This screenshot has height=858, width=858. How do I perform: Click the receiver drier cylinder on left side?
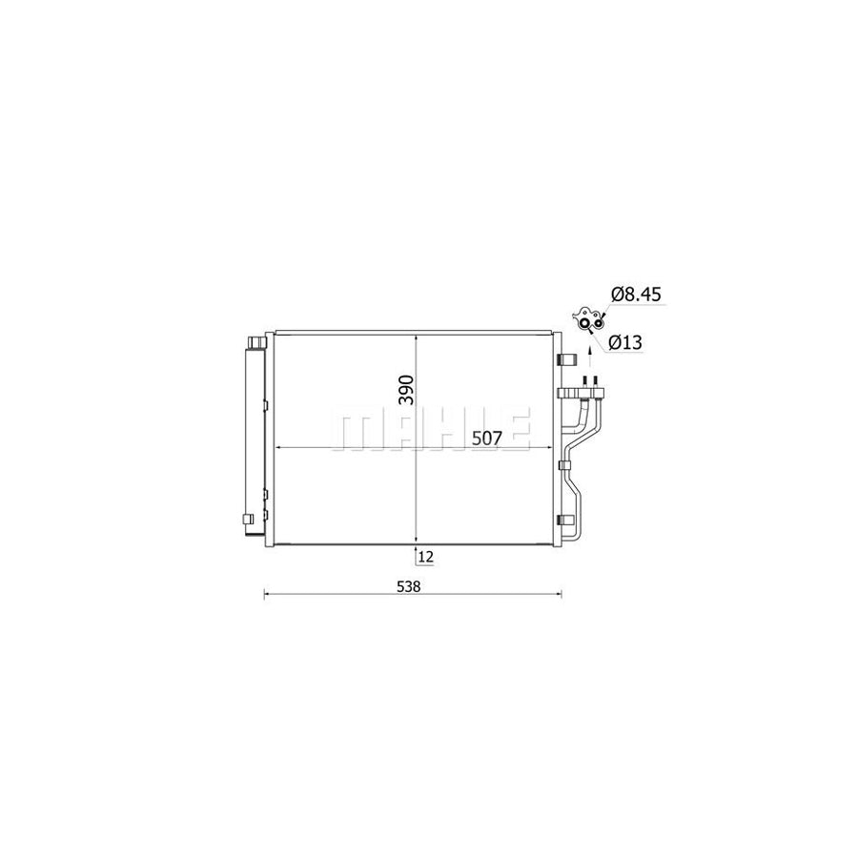255,439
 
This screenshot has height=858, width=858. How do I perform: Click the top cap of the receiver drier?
255,341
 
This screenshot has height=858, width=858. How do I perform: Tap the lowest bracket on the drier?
249,519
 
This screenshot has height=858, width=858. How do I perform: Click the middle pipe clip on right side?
564,466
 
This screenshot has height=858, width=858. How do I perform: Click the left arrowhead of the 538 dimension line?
266,595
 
